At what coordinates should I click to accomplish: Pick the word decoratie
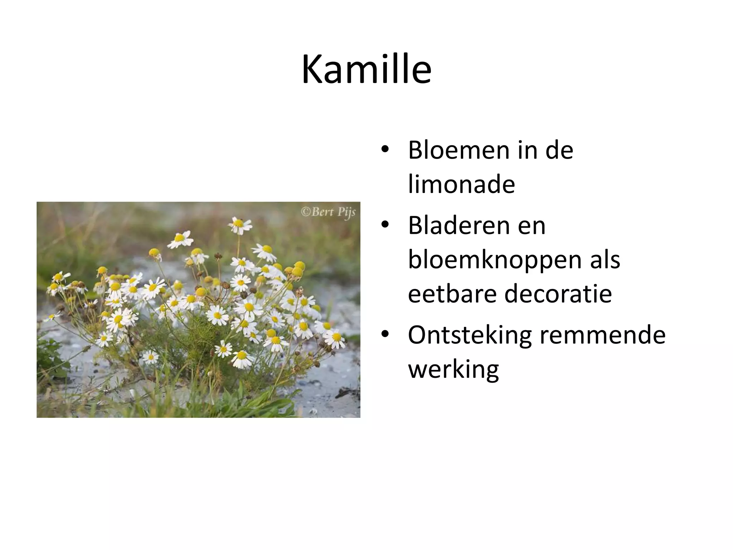558,294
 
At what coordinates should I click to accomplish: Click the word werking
453,370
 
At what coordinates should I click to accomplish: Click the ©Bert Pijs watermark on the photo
328,212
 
